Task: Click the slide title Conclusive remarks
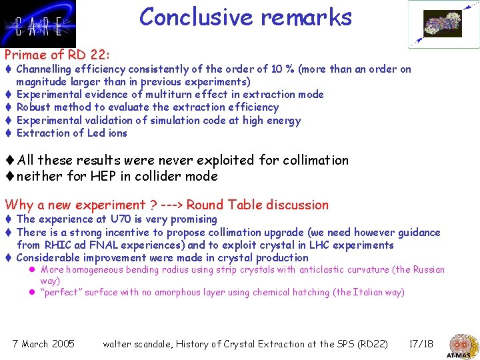(x=245, y=17)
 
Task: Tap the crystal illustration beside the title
(x=443, y=24)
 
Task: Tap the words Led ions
(x=106, y=133)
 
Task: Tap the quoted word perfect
(x=61, y=293)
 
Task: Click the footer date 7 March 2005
(x=44, y=344)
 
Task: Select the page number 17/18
(x=420, y=344)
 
